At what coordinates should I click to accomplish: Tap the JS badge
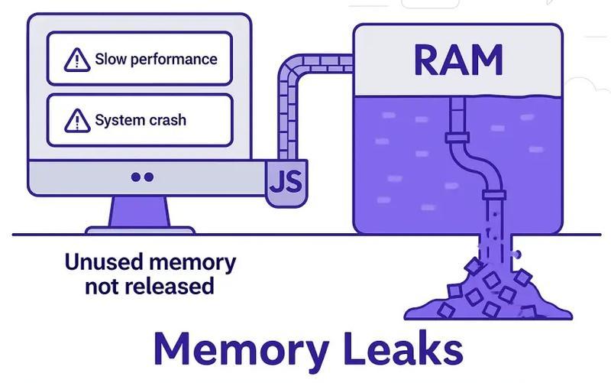pyautogui.click(x=285, y=183)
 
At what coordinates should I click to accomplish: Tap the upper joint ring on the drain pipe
pyautogui.click(x=457, y=138)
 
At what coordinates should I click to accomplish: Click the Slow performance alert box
pyautogui.click(x=140, y=59)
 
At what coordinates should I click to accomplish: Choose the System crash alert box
pyautogui.click(x=140, y=120)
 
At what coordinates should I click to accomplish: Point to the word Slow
pyautogui.click(x=112, y=59)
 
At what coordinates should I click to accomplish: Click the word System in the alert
pyautogui.click(x=118, y=120)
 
